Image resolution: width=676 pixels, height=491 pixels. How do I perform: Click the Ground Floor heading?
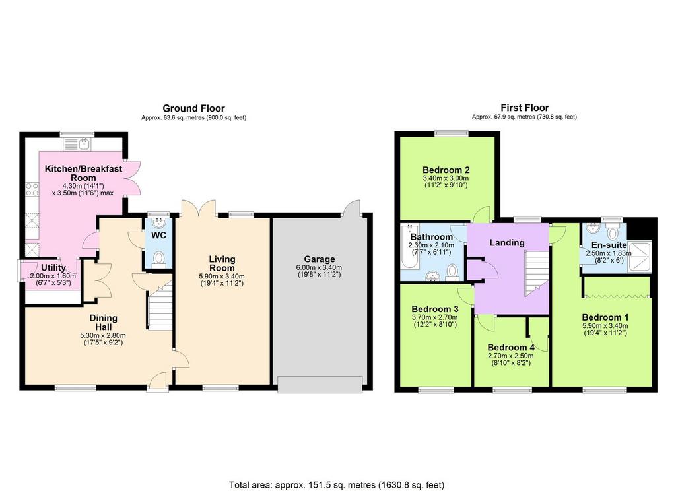193,108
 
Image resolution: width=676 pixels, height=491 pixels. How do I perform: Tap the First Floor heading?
524,108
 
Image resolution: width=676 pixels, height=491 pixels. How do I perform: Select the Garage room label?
319,259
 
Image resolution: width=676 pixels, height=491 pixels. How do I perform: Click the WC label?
158,236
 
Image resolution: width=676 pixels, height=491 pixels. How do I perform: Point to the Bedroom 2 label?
446,170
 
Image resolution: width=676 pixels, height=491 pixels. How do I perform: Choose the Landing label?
507,243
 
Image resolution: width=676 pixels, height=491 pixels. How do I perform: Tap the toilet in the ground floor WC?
159,259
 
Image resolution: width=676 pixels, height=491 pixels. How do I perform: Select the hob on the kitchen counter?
32,189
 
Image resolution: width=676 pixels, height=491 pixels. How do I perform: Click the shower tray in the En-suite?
640,256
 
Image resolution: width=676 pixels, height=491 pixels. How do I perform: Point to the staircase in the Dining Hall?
161,305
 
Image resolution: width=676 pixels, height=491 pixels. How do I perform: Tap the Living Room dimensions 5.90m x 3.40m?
222,277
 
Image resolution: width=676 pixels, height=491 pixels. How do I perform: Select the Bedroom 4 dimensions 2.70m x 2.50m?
510,356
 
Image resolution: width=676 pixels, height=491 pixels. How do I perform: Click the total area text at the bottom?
337,485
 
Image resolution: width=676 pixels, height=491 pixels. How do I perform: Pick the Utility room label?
53,268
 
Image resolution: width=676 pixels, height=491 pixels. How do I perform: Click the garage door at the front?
320,385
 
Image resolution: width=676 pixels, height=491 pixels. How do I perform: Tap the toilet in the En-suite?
612,232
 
